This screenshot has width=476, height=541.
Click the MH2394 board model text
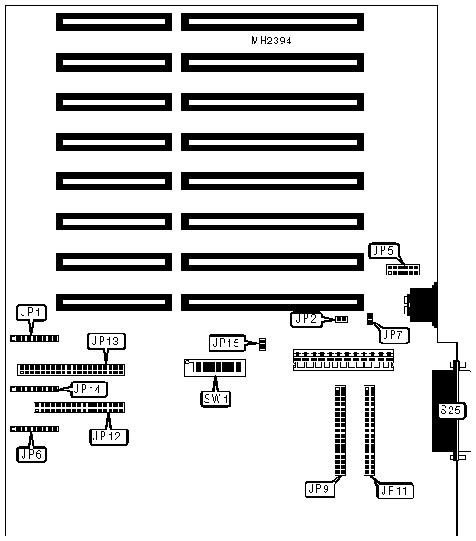click(271, 41)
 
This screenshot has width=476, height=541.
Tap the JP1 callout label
click(32, 313)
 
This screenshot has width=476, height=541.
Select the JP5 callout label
click(384, 250)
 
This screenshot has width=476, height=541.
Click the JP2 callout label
click(306, 319)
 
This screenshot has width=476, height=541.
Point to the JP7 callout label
click(393, 334)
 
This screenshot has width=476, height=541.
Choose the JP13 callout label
click(106, 342)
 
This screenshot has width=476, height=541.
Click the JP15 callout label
click(227, 343)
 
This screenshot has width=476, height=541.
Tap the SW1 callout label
click(216, 399)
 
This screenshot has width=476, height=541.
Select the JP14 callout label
click(88, 389)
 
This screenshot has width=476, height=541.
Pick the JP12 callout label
click(109, 437)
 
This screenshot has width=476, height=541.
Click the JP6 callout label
click(32, 454)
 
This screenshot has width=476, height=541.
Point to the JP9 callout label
click(320, 489)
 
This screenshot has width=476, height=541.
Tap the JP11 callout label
click(395, 490)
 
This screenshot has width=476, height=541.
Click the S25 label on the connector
click(452, 411)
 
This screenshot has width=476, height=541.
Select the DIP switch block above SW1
click(215, 368)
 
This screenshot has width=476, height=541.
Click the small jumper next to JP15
click(262, 344)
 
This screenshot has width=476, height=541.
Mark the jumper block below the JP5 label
click(403, 269)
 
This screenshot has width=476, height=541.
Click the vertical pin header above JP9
click(340, 430)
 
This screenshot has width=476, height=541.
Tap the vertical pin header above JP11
click(369, 430)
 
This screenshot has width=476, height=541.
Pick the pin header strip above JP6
click(34, 430)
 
